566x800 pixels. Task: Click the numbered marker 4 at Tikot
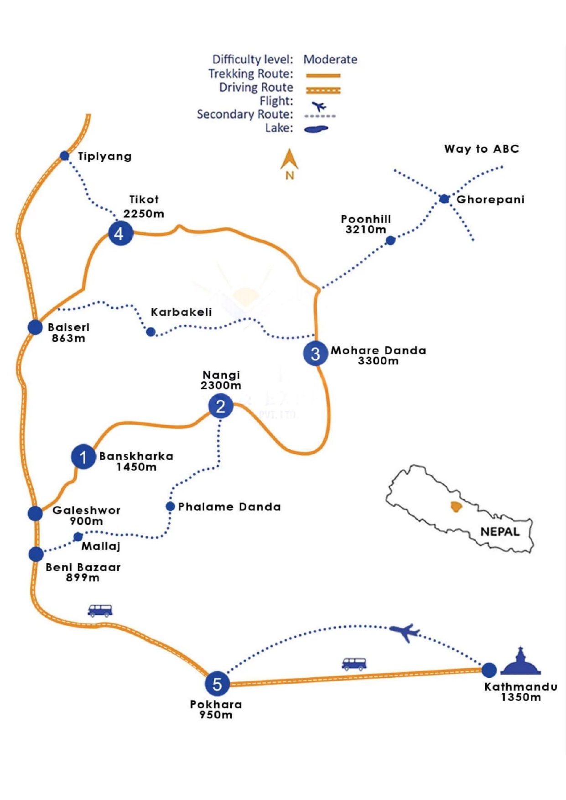120,234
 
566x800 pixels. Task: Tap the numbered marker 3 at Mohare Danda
316,353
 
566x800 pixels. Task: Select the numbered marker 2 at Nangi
221,406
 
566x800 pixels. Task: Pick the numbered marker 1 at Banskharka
83,457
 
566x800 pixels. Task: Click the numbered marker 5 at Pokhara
217,684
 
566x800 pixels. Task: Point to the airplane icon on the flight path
405,632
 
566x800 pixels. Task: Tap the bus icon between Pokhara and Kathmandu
354,664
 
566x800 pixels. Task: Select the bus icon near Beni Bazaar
100,610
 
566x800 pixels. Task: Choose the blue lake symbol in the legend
316,129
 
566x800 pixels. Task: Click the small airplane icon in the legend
320,106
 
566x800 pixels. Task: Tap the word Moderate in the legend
330,59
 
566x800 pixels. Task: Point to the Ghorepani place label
490,199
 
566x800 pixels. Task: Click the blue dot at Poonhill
390,240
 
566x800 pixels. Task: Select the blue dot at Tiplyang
65,156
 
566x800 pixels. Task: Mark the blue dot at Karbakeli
151,332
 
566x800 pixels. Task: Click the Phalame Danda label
229,507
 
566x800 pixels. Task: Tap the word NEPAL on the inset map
500,532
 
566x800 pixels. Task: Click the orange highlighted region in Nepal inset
456,507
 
